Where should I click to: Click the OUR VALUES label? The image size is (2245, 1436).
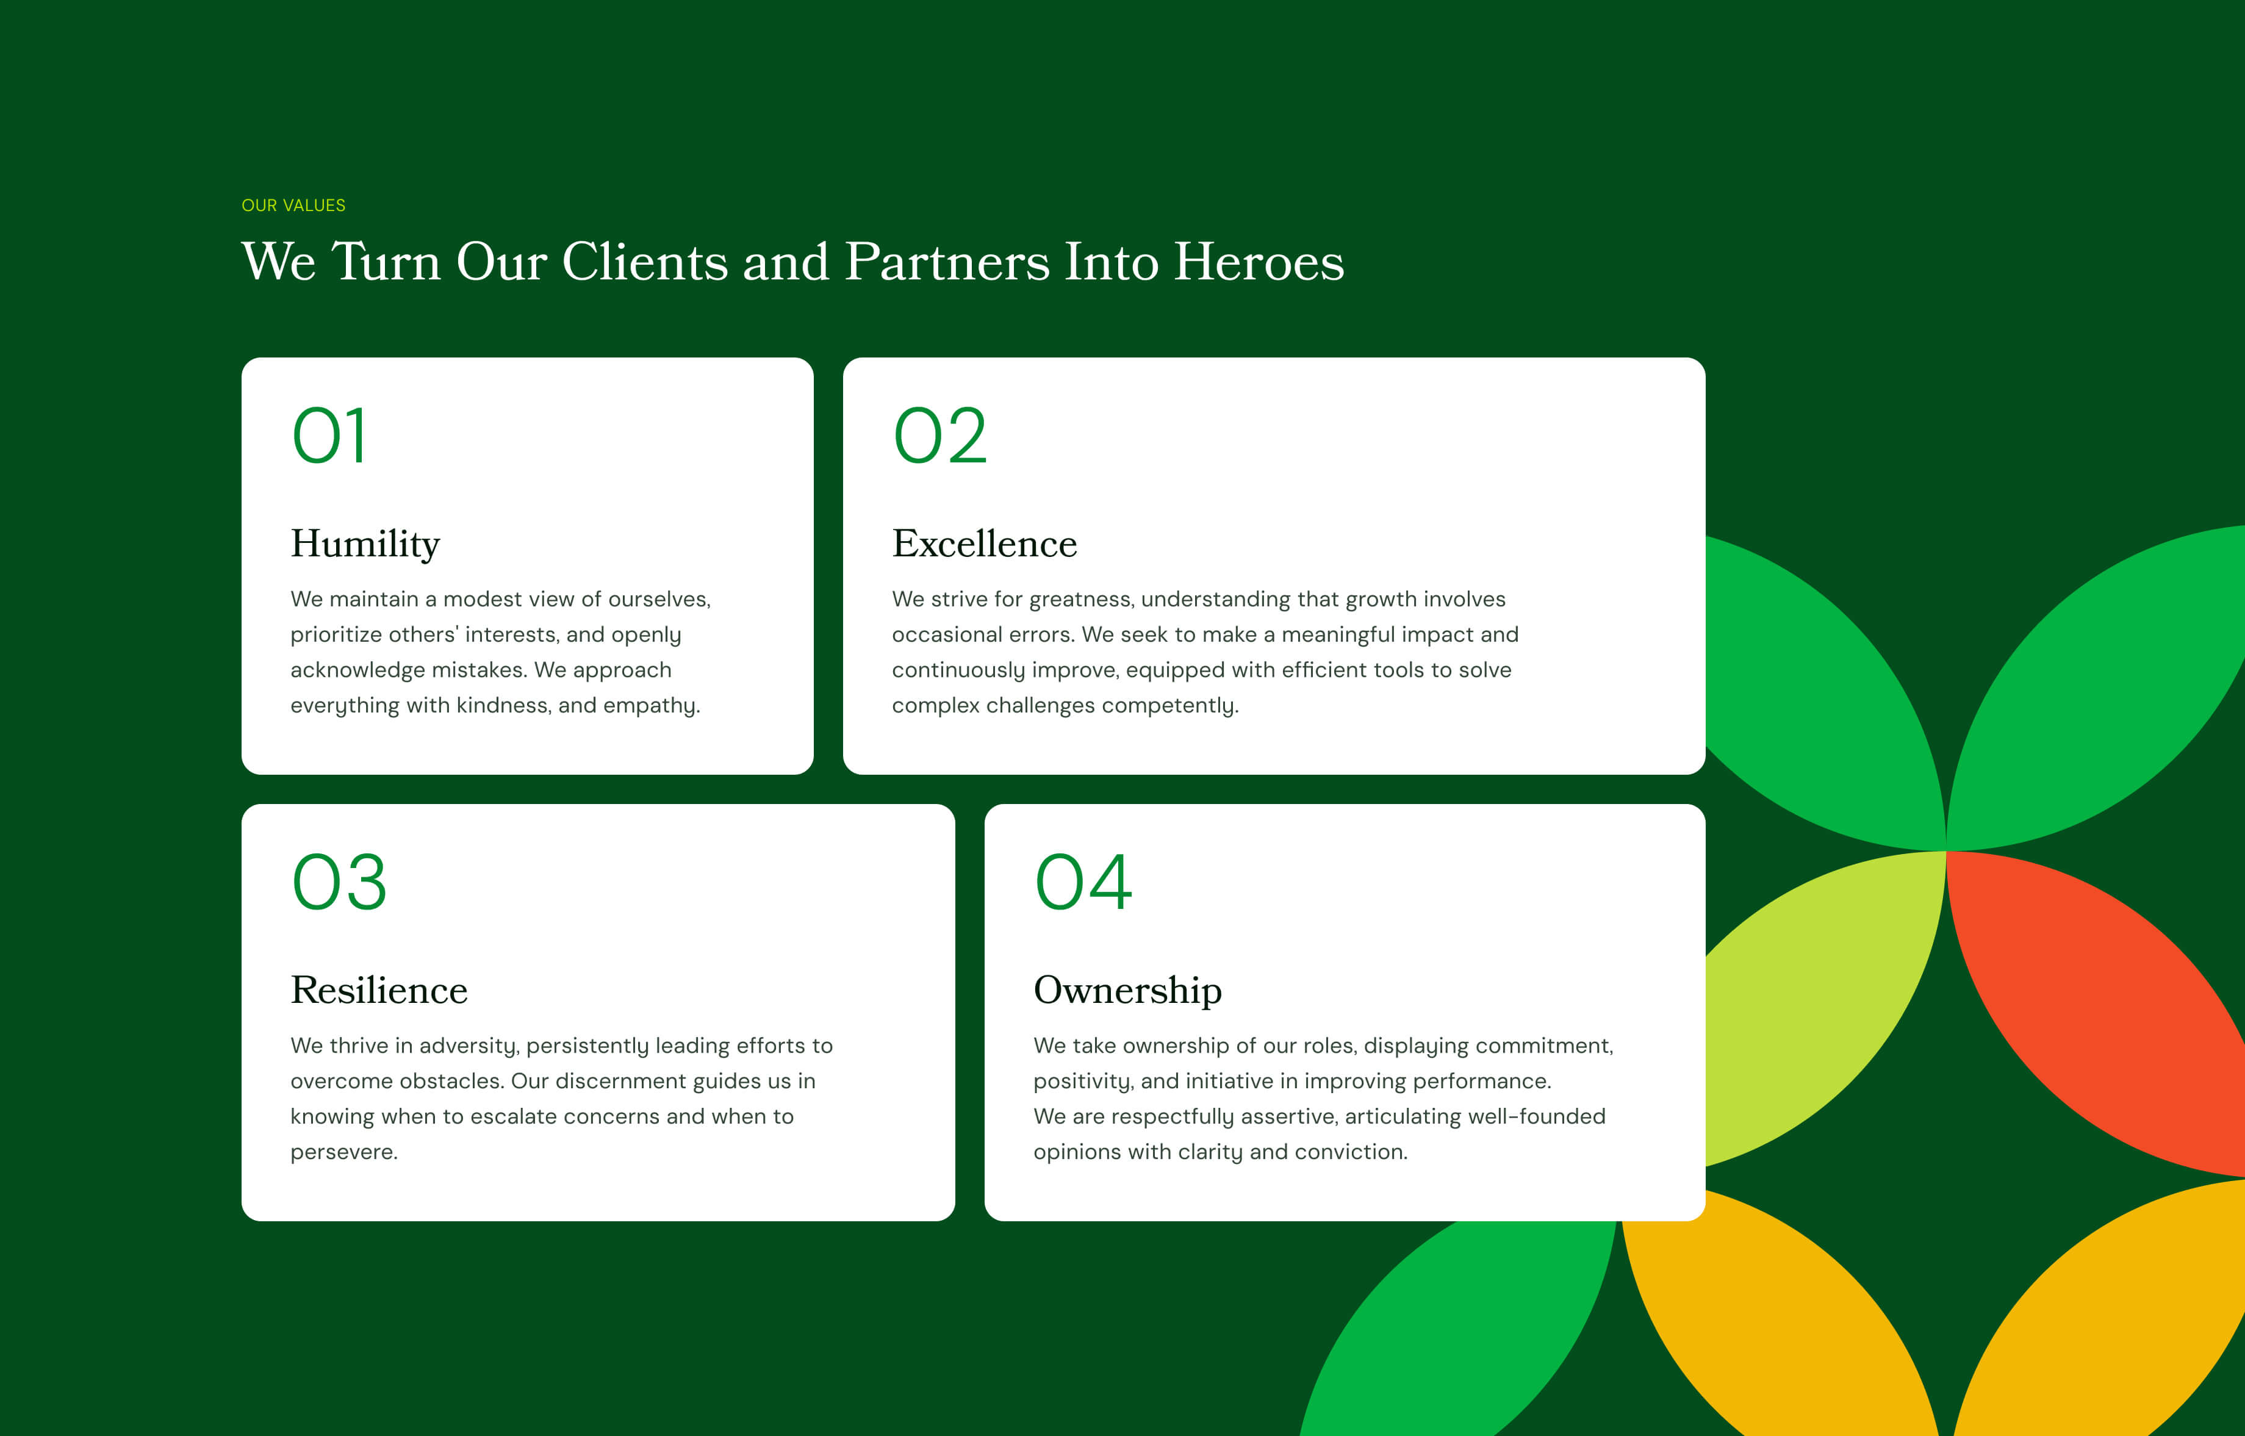point(293,205)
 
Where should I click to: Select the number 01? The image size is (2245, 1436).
point(329,436)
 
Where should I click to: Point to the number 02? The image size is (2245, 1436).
point(939,436)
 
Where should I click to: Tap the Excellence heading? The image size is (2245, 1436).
point(985,544)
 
